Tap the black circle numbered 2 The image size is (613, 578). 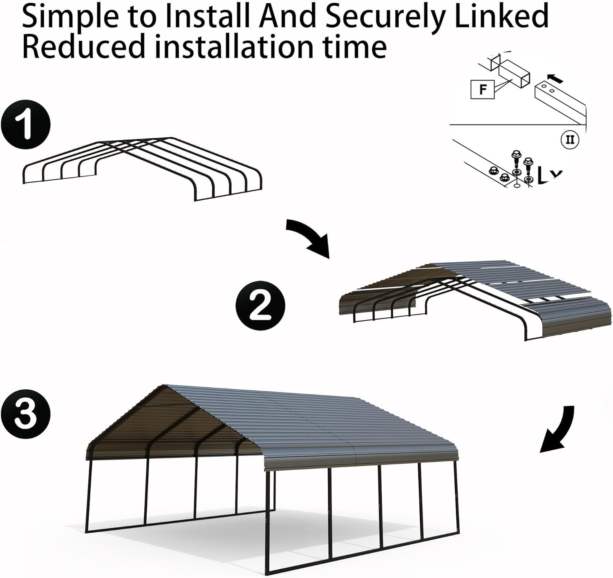[x=260, y=304]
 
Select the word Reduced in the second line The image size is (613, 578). [x=84, y=46]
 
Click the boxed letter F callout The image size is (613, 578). [x=483, y=89]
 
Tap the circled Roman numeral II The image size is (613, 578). [x=570, y=140]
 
